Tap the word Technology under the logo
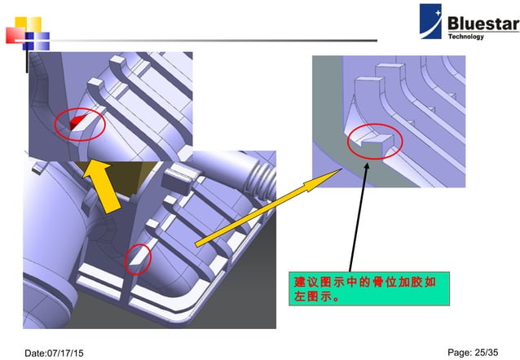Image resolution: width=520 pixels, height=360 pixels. click(465, 37)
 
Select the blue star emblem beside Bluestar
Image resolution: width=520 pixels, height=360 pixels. click(431, 22)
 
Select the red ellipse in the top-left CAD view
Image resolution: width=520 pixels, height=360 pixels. click(81, 123)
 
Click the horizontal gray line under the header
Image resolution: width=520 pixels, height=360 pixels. click(204, 40)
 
